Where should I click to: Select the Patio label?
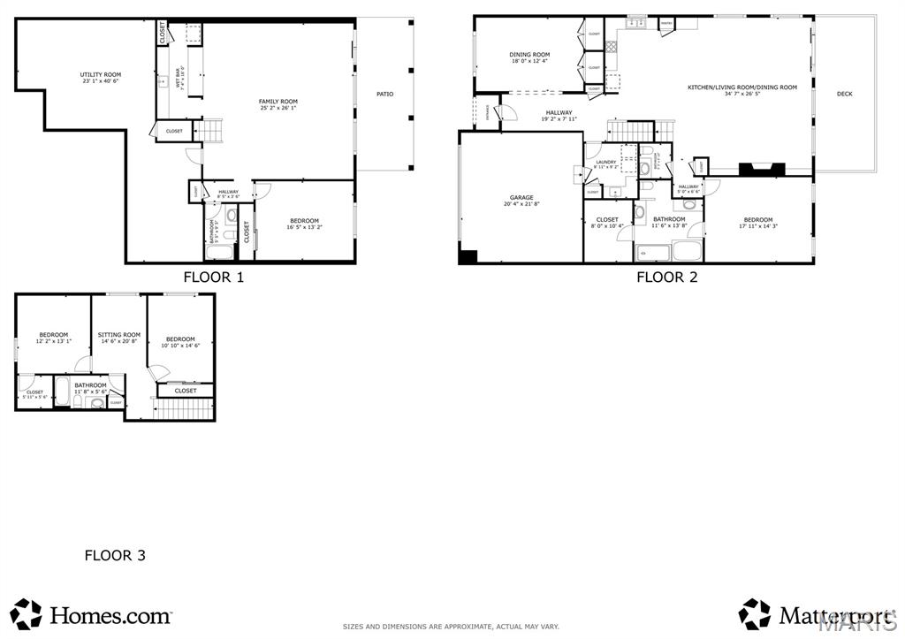point(384,94)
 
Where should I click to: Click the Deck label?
point(845,94)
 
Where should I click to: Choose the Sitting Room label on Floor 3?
point(119,338)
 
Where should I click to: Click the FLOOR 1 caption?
point(213,277)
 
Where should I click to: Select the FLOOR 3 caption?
point(115,556)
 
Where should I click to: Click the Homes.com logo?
point(92,613)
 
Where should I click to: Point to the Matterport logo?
point(813,613)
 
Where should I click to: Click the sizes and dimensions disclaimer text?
point(451,627)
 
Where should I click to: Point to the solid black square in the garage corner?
point(468,256)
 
